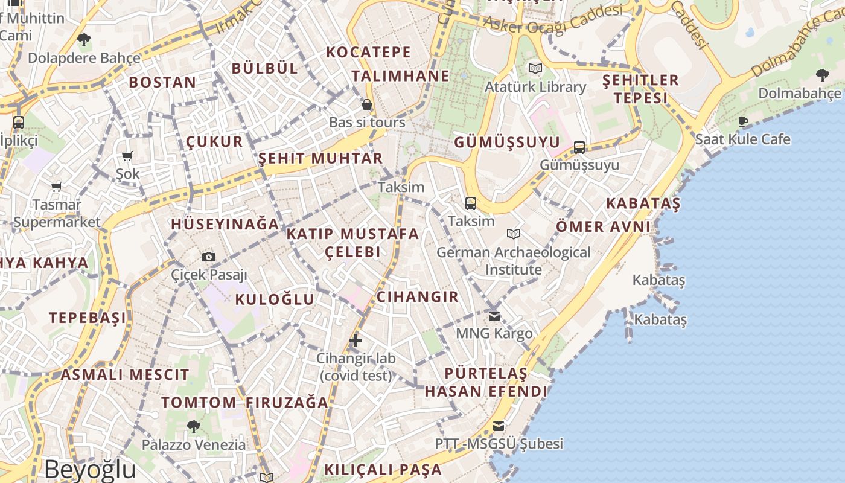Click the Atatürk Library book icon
pos(535,68)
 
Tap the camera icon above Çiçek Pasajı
pos(209,257)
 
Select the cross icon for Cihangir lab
pos(356,341)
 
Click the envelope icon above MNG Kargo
pos(494,316)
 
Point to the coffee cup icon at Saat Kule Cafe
pos(743,121)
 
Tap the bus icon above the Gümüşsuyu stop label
pos(579,147)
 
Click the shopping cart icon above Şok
pos(127,156)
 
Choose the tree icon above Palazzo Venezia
pos(193,427)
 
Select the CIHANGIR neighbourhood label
pos(417,296)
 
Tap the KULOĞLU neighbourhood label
pos(275,299)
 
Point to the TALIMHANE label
pos(400,75)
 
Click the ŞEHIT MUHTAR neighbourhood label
pos(320,158)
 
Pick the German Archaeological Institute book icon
pos(514,234)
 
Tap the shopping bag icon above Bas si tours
pos(366,105)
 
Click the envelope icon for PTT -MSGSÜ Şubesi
pos(498,426)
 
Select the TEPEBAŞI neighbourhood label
pos(88,318)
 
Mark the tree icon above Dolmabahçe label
pos(821,75)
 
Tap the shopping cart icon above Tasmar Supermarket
pos(57,187)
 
